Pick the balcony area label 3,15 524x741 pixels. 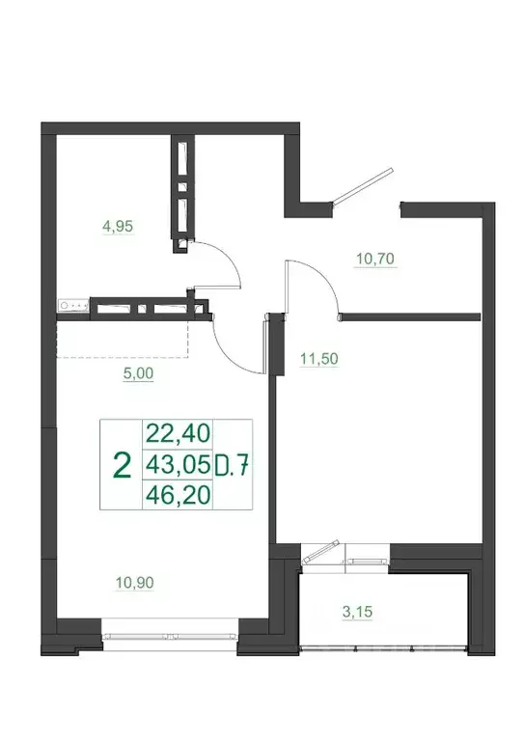coord(359,611)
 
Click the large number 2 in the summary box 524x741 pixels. coord(122,465)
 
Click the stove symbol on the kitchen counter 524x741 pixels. coord(74,306)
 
